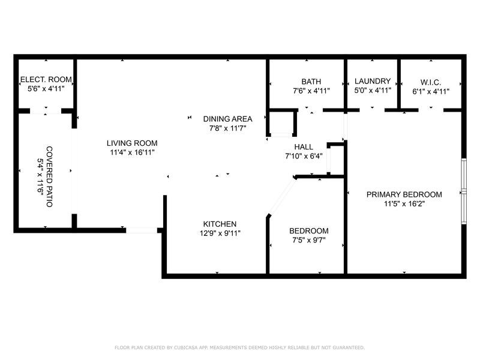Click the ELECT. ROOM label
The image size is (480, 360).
point(46,79)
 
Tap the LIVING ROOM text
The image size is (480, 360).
point(132,143)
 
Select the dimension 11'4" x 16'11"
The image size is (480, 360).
point(132,152)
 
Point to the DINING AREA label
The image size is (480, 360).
point(227,118)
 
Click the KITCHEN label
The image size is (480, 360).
point(219,224)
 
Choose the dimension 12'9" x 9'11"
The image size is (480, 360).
point(219,233)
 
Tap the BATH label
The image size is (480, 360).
point(311,82)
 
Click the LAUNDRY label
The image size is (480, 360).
point(373,81)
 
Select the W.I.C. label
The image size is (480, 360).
point(431,82)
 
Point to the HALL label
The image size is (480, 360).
point(304,146)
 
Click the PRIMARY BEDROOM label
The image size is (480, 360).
point(404,194)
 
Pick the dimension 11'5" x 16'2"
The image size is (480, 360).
point(404,204)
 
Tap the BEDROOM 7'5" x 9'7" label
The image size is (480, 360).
point(308,231)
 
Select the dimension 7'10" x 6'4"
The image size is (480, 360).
point(304,156)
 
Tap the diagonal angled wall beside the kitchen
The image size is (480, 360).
point(281,196)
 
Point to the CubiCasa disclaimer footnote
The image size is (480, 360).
point(239,347)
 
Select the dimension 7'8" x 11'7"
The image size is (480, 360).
point(227,128)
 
